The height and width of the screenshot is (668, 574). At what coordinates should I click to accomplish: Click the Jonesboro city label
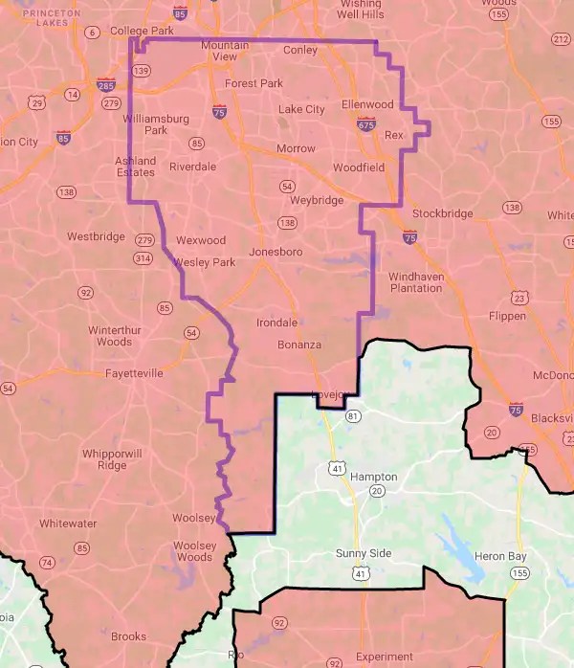point(276,252)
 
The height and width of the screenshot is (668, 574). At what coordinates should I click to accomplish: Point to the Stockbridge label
point(442,213)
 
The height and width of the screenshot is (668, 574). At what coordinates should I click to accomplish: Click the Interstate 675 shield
point(365,123)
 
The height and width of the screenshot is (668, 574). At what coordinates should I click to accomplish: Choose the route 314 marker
point(143,258)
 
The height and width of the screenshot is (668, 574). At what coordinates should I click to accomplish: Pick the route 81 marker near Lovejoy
point(354,415)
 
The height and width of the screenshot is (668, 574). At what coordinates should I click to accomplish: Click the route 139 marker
point(143,70)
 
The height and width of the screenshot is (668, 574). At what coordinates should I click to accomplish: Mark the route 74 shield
point(46,562)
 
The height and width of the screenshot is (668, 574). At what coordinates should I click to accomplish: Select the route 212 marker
point(561,37)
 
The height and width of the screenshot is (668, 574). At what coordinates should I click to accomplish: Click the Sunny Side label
point(363,554)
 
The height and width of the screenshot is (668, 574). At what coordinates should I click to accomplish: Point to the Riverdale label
point(192,167)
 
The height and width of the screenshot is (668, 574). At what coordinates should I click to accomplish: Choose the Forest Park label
point(254,83)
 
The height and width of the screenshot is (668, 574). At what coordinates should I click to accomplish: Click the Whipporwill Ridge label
point(111,458)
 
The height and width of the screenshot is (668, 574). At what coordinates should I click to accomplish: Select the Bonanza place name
point(299,344)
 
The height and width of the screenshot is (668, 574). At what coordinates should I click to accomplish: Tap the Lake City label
point(301,109)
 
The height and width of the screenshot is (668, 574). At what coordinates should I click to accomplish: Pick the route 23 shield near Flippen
point(519,297)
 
